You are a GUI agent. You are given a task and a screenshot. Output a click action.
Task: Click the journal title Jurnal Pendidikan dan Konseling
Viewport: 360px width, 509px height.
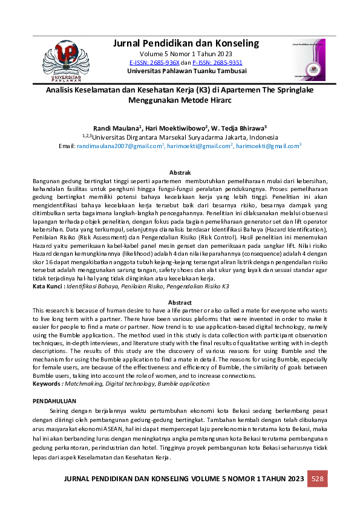click(186, 43)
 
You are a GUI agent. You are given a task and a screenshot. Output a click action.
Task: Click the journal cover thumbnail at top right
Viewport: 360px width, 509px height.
click(312, 60)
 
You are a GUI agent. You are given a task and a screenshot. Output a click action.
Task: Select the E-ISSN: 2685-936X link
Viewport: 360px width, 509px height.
click(154, 62)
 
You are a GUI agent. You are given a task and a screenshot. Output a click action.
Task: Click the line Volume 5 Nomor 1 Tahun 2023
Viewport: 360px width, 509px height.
click(186, 54)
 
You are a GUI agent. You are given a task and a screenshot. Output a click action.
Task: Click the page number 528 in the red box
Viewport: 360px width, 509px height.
click(318, 479)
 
